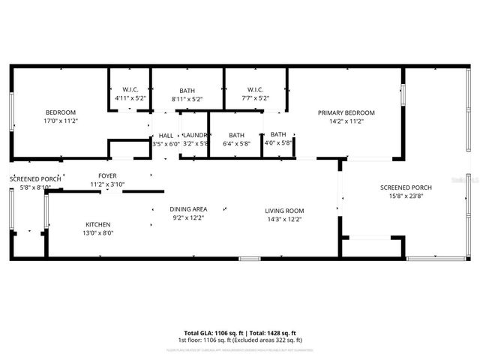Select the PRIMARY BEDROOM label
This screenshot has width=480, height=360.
[346, 112]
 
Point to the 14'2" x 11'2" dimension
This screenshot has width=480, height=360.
[346, 121]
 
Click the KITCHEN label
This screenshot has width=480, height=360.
[97, 224]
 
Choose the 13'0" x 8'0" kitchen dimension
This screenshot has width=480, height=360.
[97, 232]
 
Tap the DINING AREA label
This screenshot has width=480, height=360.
[188, 209]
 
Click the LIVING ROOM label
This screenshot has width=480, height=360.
[284, 211]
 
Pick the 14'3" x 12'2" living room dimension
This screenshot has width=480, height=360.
[284, 219]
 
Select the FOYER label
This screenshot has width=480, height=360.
[107, 175]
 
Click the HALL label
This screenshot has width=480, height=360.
[166, 135]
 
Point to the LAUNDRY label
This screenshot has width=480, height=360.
[194, 135]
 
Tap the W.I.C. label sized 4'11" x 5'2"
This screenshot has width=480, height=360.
[130, 90]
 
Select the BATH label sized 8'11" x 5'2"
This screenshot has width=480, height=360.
[187, 90]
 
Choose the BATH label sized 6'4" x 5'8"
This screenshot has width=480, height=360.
[237, 135]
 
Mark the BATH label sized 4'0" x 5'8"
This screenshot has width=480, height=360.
[278, 135]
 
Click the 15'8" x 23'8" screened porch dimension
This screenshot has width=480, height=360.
[406, 196]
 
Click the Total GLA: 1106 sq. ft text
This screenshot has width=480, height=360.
[211, 332]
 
